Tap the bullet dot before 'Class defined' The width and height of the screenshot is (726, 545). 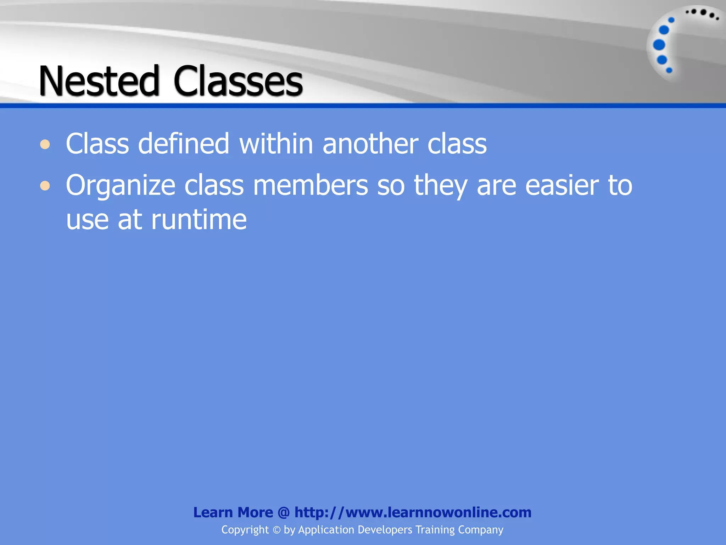point(45,145)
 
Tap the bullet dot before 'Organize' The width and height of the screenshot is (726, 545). point(45,186)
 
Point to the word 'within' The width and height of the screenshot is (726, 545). point(276,144)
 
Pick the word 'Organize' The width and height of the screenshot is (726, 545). point(121,186)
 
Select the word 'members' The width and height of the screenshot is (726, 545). point(311,185)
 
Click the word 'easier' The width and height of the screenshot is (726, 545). point(562,185)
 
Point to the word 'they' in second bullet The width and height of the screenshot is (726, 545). point(441,186)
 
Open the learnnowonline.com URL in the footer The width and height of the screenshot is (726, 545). point(413,512)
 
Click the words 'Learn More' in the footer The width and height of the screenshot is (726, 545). point(233,512)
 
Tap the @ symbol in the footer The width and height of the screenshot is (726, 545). point(284,512)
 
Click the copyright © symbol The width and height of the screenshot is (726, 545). point(276,530)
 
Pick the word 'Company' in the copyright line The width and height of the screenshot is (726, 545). point(480,530)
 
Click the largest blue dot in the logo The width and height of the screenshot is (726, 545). point(659,45)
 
